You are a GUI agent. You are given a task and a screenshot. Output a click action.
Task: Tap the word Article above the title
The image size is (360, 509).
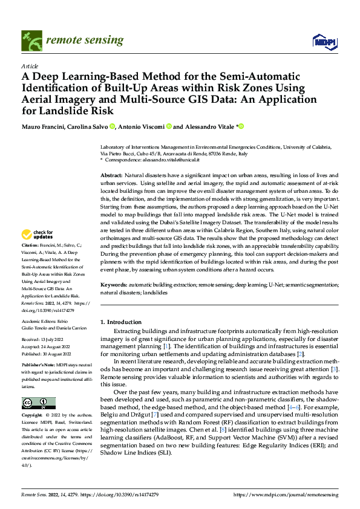(x=29, y=66)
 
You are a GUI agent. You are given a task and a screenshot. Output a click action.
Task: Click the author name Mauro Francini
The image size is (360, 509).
(x=46, y=127)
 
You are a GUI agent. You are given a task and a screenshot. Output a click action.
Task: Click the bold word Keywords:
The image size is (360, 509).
(x=114, y=284)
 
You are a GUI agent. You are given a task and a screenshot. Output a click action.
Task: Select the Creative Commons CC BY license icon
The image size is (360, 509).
(x=38, y=403)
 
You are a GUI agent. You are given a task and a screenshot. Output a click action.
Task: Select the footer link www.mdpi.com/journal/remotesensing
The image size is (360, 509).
(x=287, y=495)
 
